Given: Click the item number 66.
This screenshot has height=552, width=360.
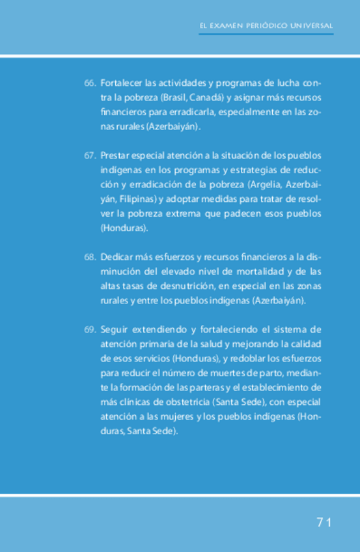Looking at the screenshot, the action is (x=90, y=84).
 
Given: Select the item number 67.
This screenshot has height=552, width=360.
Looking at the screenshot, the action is (x=90, y=156).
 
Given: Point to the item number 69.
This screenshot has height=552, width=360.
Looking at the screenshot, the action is (x=90, y=329).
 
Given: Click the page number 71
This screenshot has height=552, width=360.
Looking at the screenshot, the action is (x=325, y=523).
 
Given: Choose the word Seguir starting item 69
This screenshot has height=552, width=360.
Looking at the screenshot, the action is (x=114, y=329).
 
